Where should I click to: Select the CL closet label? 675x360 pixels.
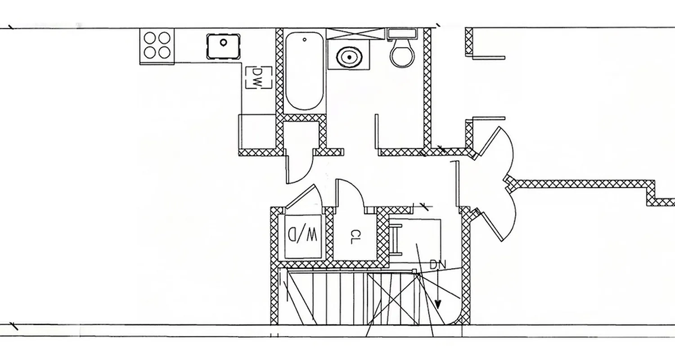[x=355, y=237]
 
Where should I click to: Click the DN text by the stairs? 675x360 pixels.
[x=437, y=265]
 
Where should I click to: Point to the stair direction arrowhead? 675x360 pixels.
[x=438, y=305]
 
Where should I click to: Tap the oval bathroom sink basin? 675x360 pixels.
[x=348, y=58]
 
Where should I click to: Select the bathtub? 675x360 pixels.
[x=304, y=71]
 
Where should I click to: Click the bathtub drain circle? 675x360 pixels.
[x=305, y=40]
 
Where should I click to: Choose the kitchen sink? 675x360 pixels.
[x=223, y=46]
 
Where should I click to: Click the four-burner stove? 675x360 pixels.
[x=157, y=45]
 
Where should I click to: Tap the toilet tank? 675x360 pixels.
[x=402, y=34]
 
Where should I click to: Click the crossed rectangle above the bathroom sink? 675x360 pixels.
[x=356, y=34]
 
